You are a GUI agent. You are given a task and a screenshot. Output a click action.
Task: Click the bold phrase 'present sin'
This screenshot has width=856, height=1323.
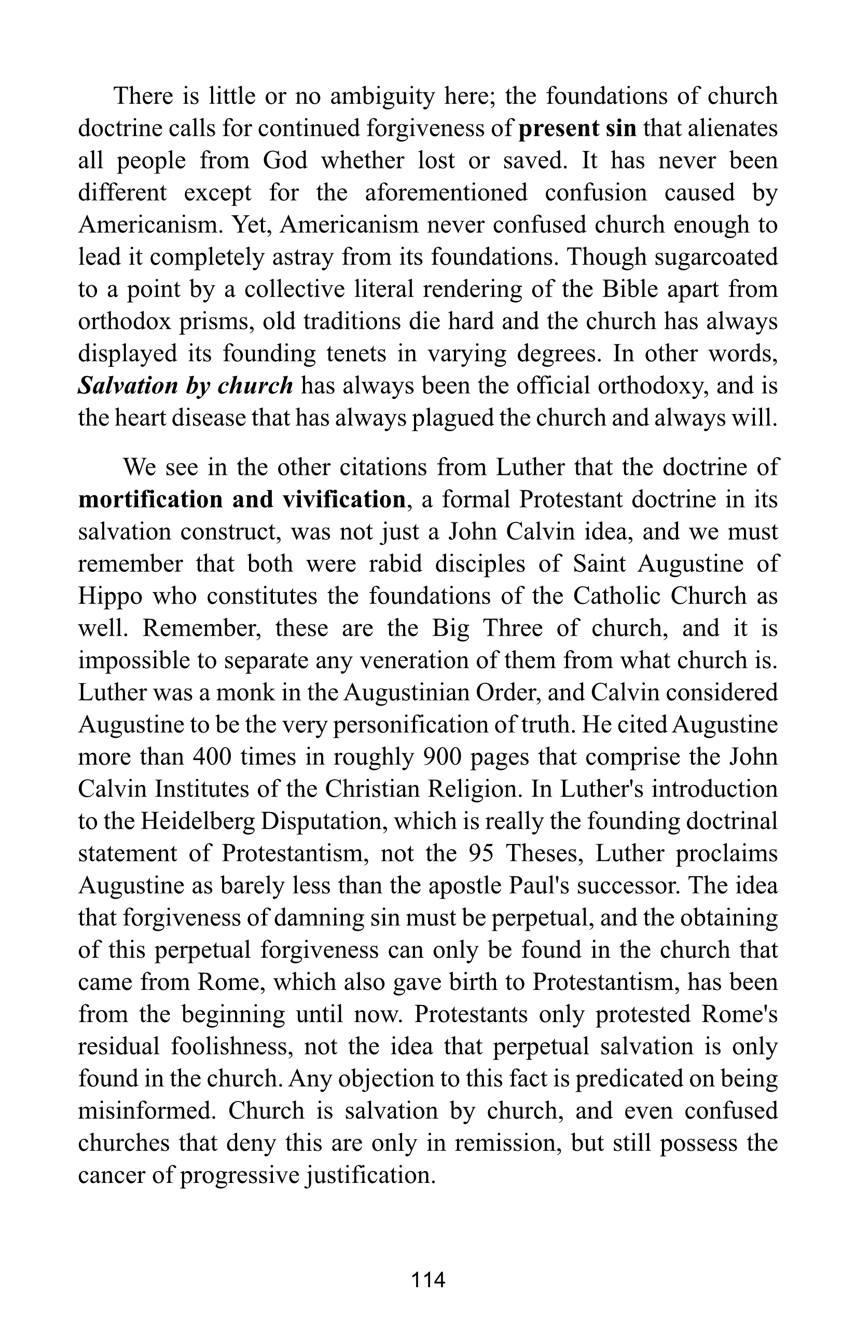577,129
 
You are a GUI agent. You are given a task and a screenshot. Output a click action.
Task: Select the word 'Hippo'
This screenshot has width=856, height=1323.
110,597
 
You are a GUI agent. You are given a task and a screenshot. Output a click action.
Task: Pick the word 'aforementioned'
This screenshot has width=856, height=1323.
446,193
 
